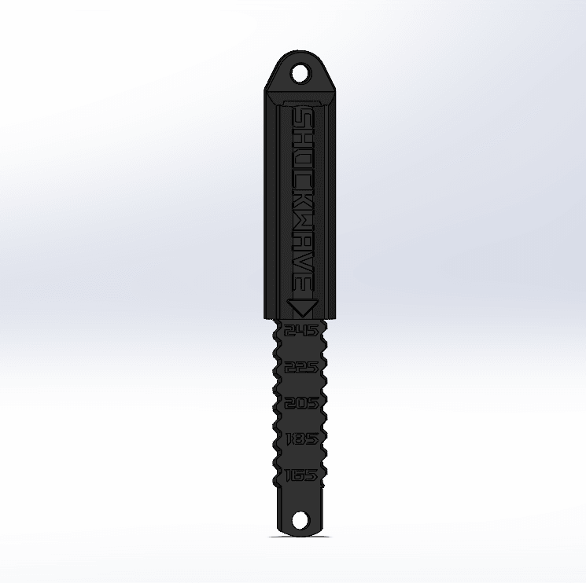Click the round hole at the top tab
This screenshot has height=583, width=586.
click(x=301, y=74)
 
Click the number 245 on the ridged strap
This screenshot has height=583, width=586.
click(x=301, y=331)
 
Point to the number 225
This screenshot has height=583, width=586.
click(x=301, y=367)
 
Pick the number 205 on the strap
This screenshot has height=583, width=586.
click(x=301, y=403)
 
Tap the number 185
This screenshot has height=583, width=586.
click(x=301, y=439)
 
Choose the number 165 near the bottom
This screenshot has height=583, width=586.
click(x=301, y=475)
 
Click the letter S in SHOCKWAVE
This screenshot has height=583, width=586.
click(x=302, y=118)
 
